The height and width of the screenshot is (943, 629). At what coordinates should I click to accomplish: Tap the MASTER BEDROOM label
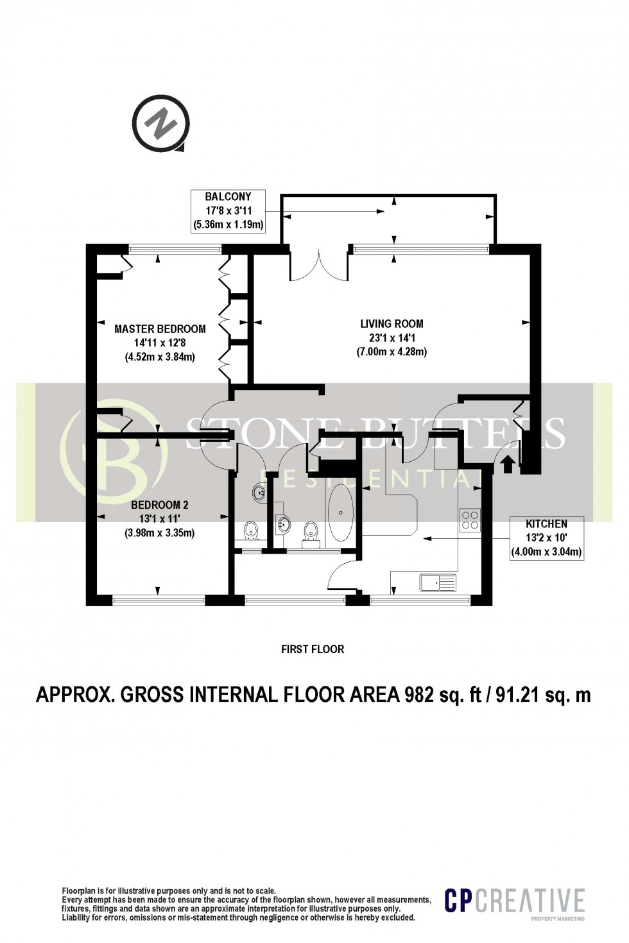click(x=160, y=329)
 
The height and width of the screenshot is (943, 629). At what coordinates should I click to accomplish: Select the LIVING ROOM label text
click(x=392, y=324)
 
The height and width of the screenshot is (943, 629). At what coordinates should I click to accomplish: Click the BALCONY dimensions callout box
click(x=228, y=210)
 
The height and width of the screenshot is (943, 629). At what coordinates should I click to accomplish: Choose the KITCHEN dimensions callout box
click(x=546, y=538)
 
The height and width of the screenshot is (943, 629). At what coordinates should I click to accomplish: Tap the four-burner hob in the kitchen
click(x=470, y=519)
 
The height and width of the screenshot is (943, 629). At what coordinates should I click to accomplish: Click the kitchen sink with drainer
click(x=438, y=582)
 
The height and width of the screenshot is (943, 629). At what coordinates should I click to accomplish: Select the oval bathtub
click(x=341, y=511)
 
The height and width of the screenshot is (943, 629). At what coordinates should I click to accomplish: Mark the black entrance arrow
click(x=508, y=463)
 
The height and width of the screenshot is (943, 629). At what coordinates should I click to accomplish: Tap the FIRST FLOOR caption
click(x=313, y=649)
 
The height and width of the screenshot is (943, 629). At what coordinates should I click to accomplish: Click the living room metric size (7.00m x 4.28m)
click(x=392, y=352)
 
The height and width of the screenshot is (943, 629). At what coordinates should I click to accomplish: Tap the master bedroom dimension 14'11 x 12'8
click(x=160, y=343)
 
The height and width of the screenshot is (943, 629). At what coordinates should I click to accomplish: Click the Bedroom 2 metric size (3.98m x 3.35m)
click(x=160, y=532)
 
